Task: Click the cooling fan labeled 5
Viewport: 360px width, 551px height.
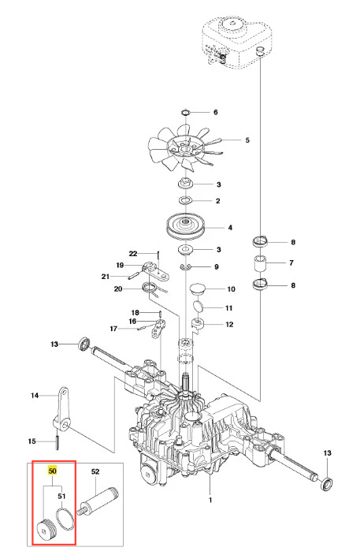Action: click(x=185, y=149)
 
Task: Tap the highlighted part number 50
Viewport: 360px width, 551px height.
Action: click(x=52, y=471)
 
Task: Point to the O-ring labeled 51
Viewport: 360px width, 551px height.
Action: click(x=65, y=519)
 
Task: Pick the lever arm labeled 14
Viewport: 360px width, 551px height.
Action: click(x=62, y=408)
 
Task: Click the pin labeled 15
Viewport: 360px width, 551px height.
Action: click(x=57, y=441)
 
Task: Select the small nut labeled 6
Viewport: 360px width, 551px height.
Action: click(x=185, y=113)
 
